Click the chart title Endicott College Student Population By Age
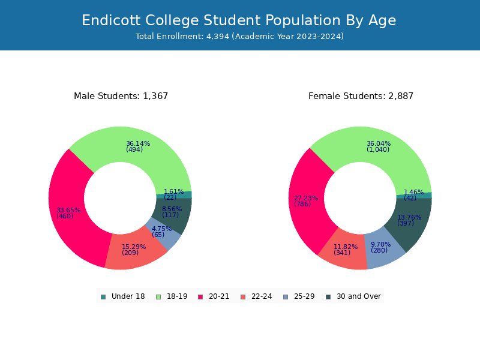pyautogui.click(x=239, y=20)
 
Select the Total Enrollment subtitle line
pyautogui.click(x=239, y=37)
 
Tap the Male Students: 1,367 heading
pyautogui.click(x=121, y=96)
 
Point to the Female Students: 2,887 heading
pyautogui.click(x=361, y=96)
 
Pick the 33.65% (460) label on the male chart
pyautogui.click(x=68, y=213)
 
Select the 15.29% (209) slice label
pyautogui.click(x=134, y=250)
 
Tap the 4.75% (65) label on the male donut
pyautogui.click(x=161, y=232)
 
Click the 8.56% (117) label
pyautogui.click(x=172, y=212)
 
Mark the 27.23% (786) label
pyautogui.click(x=306, y=201)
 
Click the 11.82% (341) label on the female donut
pyautogui.click(x=346, y=250)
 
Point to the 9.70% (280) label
pyautogui.click(x=381, y=247)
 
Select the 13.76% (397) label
pyautogui.click(x=409, y=220)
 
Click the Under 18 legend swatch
pyautogui.click(x=103, y=297)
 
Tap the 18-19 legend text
pyautogui.click(x=177, y=296)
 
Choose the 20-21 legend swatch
pyautogui.click(x=200, y=297)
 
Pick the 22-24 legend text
pyautogui.click(x=262, y=296)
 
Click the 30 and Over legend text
pyautogui.click(x=359, y=296)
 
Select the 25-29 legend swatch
pyautogui.click(x=286, y=297)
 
